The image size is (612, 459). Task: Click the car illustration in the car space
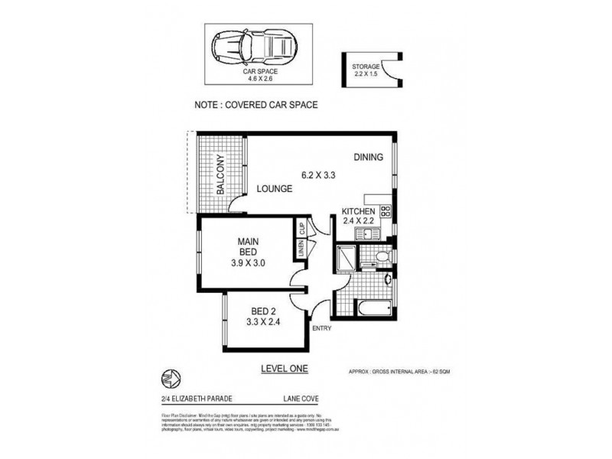click(x=252, y=47)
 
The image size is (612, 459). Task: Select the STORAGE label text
click(x=366, y=67)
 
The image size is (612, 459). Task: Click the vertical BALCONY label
click(x=219, y=174)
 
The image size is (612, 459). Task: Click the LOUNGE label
click(x=273, y=189)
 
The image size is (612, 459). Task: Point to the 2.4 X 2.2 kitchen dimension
click(x=358, y=222)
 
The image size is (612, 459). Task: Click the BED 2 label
click(x=263, y=311)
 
